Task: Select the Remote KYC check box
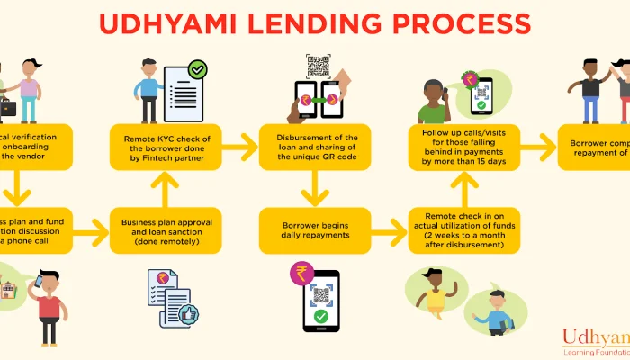pos(167,146)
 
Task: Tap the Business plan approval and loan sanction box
pos(167,230)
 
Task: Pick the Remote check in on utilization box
pos(464,230)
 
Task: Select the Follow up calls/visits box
pos(464,146)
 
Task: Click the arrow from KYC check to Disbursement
pos(239,145)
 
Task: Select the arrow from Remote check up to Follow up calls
pos(464,188)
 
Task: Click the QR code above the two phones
pos(318,67)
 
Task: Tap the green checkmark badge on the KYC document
pos(196,68)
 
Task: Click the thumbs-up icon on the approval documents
pos(190,314)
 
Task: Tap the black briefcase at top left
pos(7,108)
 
